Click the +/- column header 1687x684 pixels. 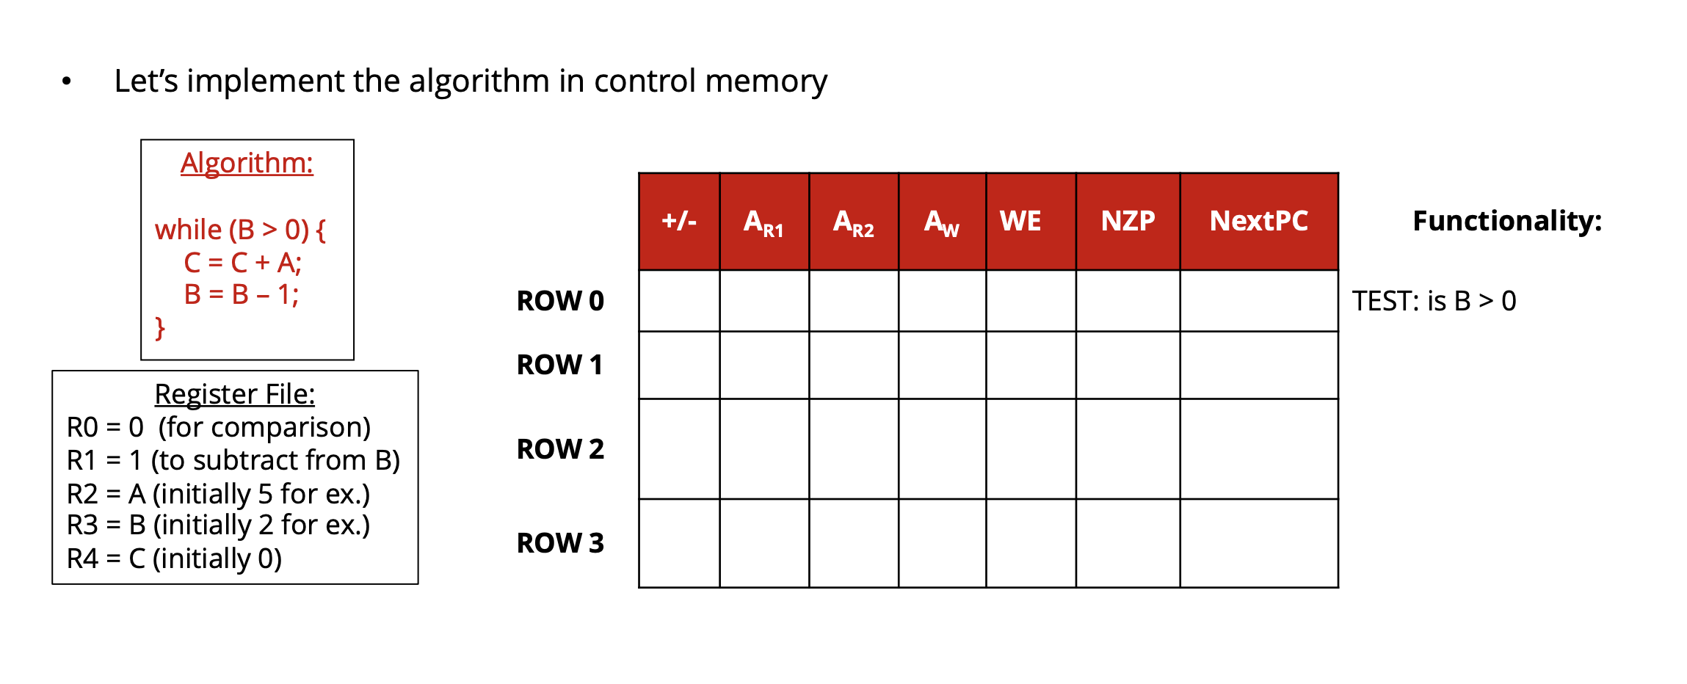point(679,221)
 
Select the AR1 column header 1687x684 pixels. point(763,222)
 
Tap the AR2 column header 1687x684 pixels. point(853,222)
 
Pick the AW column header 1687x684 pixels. point(942,222)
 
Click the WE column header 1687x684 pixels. point(1020,221)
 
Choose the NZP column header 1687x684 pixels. point(1128,221)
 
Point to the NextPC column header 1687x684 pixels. point(1258,221)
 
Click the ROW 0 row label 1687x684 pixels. point(560,301)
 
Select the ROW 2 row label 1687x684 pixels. point(560,449)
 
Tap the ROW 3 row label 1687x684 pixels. point(560,543)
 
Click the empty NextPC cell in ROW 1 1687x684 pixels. point(1258,365)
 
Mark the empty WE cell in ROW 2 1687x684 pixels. point(1031,449)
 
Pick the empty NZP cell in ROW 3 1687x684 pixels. point(1128,543)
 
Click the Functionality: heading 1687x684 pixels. point(1507,221)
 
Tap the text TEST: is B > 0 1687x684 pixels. point(1434,301)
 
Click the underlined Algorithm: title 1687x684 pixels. point(247,163)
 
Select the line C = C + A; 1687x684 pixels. point(242,262)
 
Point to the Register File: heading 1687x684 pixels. point(234,394)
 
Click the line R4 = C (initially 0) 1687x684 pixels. point(174,559)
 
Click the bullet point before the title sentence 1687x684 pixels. point(67,81)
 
